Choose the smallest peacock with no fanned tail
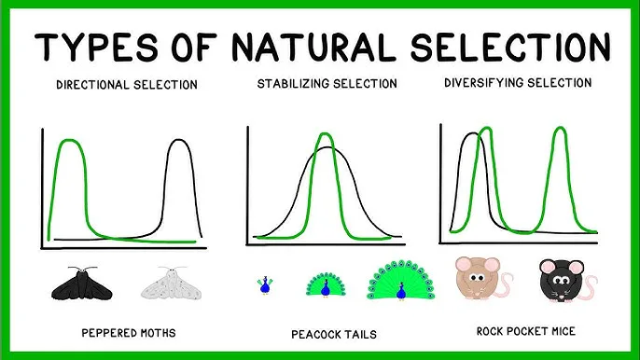click(264, 284)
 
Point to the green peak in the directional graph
click(68, 141)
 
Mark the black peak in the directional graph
click(177, 142)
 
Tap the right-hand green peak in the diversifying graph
click(559, 129)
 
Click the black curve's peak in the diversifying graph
click(474, 135)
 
